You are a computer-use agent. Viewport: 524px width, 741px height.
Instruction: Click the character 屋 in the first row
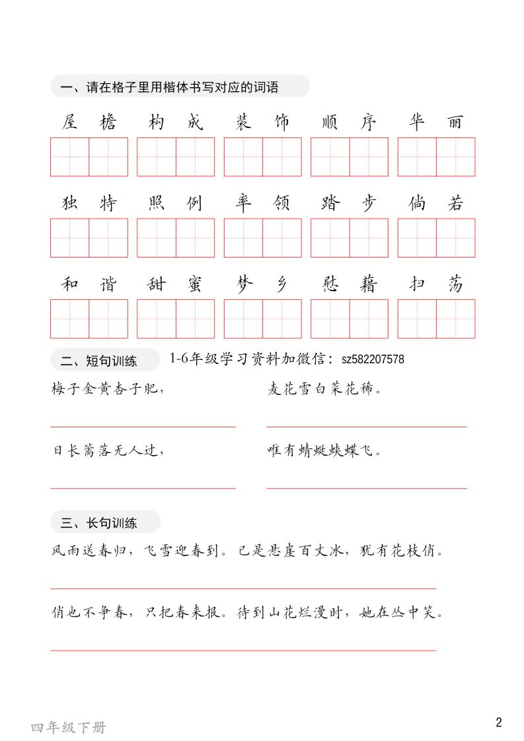coord(69,123)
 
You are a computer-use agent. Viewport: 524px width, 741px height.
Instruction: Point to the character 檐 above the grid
coord(108,123)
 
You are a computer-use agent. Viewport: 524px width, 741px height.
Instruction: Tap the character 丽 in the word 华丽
coord(455,123)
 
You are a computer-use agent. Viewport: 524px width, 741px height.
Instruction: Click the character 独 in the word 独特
coord(69,203)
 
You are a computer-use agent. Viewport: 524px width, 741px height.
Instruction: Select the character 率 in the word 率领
coord(243,203)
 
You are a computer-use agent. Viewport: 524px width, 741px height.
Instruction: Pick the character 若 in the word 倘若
coord(455,203)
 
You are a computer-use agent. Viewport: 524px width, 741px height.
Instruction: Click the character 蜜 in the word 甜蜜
coord(195,285)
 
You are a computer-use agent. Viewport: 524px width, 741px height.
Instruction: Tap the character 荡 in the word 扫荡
coord(455,285)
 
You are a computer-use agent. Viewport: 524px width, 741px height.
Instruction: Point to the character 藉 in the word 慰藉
coord(369,285)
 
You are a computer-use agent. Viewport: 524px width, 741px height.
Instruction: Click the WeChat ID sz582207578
coord(373,359)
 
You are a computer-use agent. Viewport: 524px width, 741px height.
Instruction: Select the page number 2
coord(499,722)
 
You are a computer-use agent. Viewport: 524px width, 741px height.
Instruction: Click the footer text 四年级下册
coord(68,728)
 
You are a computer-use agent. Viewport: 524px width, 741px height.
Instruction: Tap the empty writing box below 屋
coord(69,157)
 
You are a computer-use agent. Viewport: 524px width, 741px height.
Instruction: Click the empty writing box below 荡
coord(455,319)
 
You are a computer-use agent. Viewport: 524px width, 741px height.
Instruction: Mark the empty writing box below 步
coord(369,238)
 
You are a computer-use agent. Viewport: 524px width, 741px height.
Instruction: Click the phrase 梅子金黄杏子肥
coord(106,390)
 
